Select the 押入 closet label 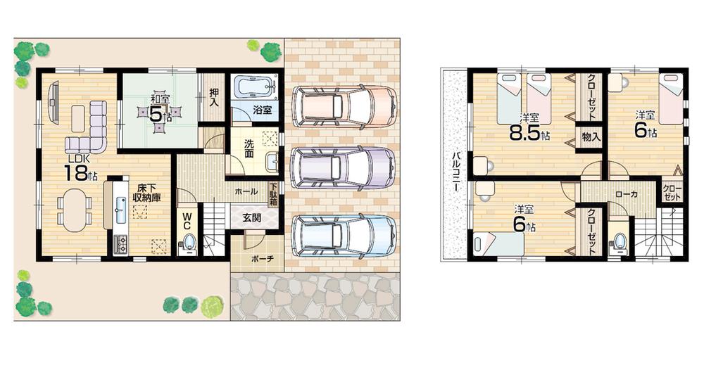click(x=213, y=96)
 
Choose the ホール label click(x=246, y=190)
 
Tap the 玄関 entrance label click(x=252, y=218)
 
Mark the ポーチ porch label click(x=256, y=259)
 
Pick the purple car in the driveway click(x=343, y=168)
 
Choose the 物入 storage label click(x=591, y=137)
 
